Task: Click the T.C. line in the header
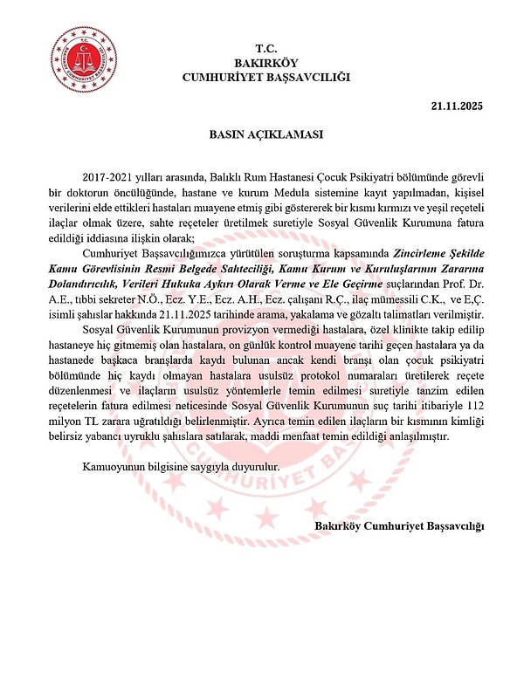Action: (x=265, y=48)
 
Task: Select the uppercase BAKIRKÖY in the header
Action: (x=265, y=63)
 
